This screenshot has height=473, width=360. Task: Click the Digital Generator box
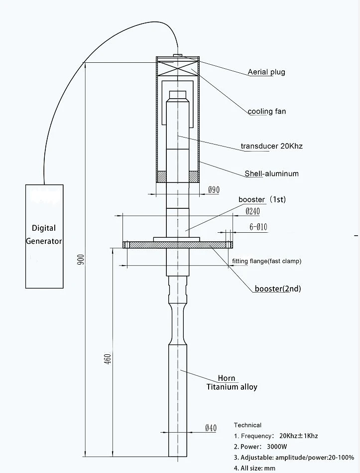pos(44,236)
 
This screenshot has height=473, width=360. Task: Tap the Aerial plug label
pos(266,72)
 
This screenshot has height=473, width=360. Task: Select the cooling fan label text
pos(266,111)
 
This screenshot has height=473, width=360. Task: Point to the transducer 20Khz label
pos(271,147)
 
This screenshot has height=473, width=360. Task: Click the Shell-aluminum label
pos(271,173)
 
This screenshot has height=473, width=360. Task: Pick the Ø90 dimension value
pos(214,190)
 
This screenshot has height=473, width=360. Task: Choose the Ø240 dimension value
pos(252,211)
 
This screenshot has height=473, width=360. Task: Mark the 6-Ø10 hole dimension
pos(258,227)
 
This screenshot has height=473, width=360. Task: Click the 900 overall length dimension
pos(81,259)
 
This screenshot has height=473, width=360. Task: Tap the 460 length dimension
pos(108,358)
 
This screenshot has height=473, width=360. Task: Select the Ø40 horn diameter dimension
pos(211,428)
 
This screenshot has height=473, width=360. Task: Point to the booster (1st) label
pos(262,199)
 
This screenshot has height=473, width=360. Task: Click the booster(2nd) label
pos(278,289)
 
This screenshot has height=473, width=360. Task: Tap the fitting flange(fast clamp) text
pos(266,261)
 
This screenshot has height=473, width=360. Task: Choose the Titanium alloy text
pos(232,387)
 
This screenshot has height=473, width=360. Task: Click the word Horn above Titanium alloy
pos(226,378)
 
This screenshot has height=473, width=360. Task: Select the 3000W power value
pos(277,447)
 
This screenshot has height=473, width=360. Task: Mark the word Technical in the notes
pos(247,425)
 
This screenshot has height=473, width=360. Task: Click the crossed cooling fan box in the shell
pos(178,68)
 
